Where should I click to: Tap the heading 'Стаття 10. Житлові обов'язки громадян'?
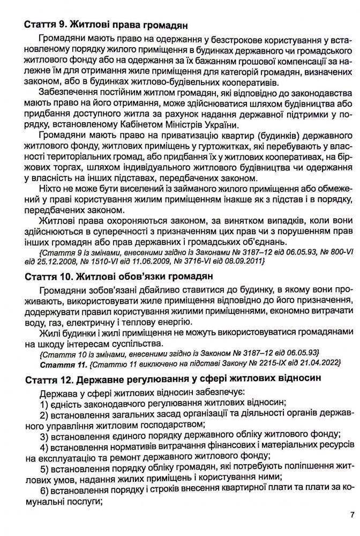click(119, 277)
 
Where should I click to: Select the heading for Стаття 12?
click(172, 379)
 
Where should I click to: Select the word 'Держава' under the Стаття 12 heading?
click(55, 392)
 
